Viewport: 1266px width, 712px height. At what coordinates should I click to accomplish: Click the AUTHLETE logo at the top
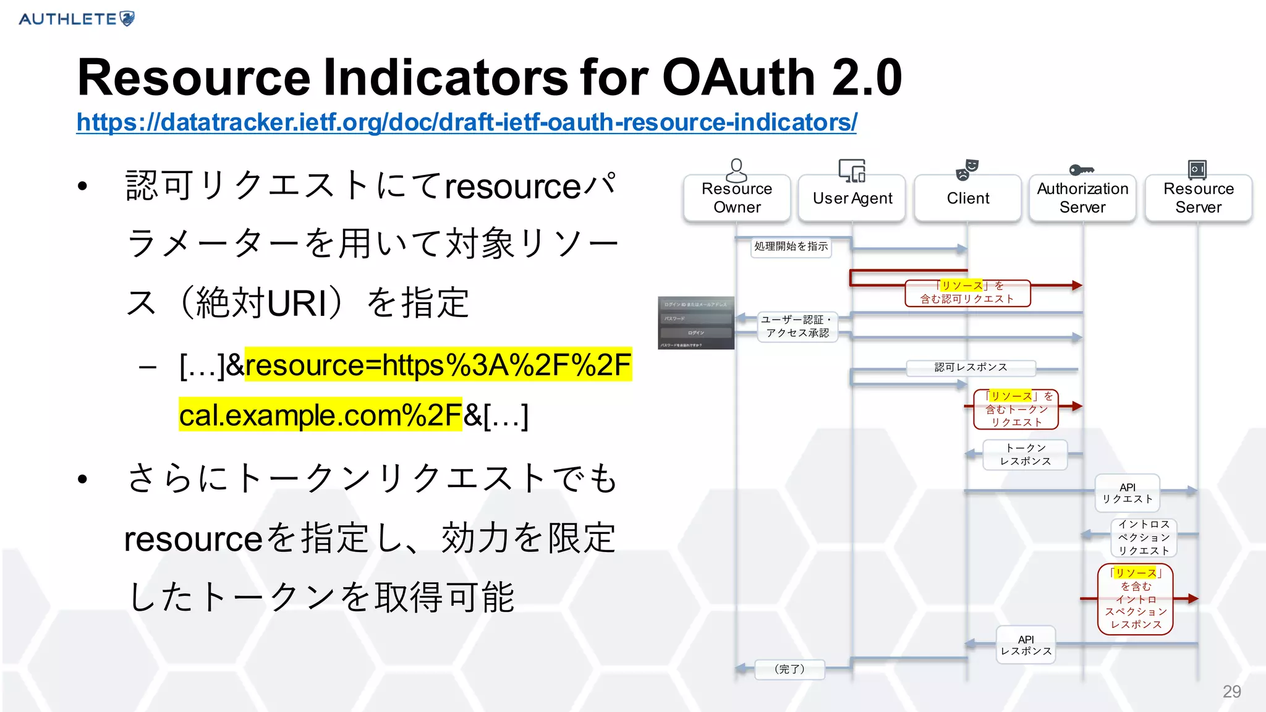click(x=77, y=19)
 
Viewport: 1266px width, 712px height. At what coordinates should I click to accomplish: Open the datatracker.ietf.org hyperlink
click(x=466, y=122)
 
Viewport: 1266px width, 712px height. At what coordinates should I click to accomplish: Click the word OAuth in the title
click(x=738, y=78)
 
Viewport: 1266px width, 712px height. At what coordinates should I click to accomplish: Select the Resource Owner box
click(x=737, y=198)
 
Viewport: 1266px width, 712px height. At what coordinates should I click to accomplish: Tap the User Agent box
click(x=852, y=198)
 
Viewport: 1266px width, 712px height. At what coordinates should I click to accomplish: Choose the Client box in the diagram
click(x=967, y=198)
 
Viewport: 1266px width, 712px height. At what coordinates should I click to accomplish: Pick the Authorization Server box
click(x=1082, y=198)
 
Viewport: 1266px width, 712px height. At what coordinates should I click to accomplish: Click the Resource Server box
click(x=1198, y=198)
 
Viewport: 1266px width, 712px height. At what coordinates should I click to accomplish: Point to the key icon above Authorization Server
click(x=1081, y=170)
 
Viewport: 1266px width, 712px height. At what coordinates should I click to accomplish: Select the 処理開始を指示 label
click(x=791, y=247)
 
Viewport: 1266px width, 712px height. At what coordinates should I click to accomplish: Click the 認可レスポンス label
click(x=971, y=368)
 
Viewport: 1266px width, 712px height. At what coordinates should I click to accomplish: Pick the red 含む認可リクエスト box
click(x=967, y=293)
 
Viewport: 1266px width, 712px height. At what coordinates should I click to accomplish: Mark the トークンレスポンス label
click(x=1025, y=455)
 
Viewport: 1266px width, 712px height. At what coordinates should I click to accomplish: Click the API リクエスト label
click(x=1127, y=493)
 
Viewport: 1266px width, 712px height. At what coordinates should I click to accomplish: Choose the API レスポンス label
click(x=1026, y=645)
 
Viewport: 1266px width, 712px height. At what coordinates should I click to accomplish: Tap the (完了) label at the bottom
click(x=789, y=669)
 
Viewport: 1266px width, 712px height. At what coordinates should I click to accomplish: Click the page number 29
click(x=1231, y=692)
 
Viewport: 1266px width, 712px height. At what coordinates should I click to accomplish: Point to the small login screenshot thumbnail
click(x=696, y=323)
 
